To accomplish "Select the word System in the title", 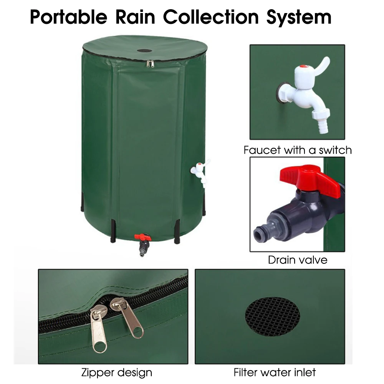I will [x=301, y=17].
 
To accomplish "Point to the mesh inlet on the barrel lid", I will [x=144, y=51].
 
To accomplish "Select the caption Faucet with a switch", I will [x=298, y=150].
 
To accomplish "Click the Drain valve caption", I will [x=298, y=260].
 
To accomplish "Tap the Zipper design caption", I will [x=117, y=372].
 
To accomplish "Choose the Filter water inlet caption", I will [x=275, y=372].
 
